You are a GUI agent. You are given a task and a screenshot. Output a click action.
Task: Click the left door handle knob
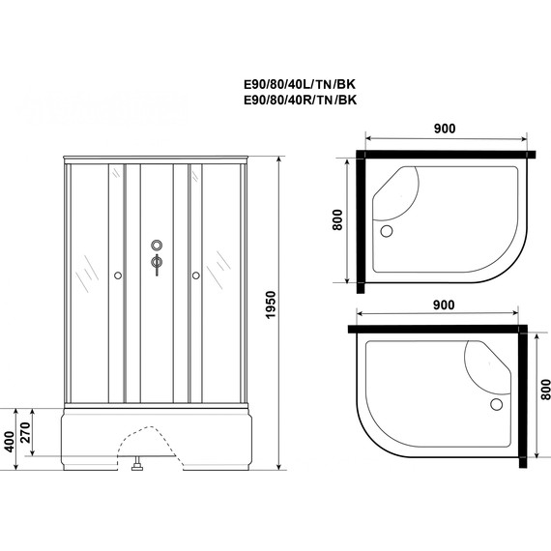point(117,275)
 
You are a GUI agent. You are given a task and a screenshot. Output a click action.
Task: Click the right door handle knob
point(195,275)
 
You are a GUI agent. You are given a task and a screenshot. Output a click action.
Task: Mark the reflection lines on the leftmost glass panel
point(84,271)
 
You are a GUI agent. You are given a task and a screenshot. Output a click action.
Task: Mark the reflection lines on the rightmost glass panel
point(224,261)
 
